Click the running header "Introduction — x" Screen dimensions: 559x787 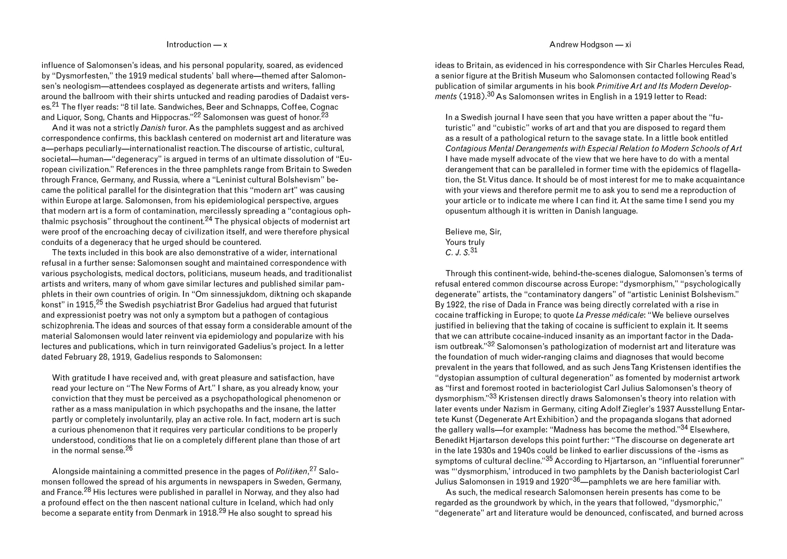click(x=197, y=44)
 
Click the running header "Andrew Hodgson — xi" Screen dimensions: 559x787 click(x=590, y=44)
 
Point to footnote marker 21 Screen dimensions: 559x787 click(x=55, y=105)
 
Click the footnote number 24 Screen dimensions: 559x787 click(x=209, y=219)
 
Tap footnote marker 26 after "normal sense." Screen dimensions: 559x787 click(x=129, y=448)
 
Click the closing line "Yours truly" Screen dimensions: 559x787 click(x=465, y=242)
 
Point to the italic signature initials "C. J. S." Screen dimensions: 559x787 click(x=457, y=253)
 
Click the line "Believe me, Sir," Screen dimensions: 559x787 click(x=473, y=232)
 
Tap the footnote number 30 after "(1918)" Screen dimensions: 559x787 click(x=491, y=94)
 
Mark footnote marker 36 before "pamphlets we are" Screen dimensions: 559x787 click(x=576, y=479)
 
